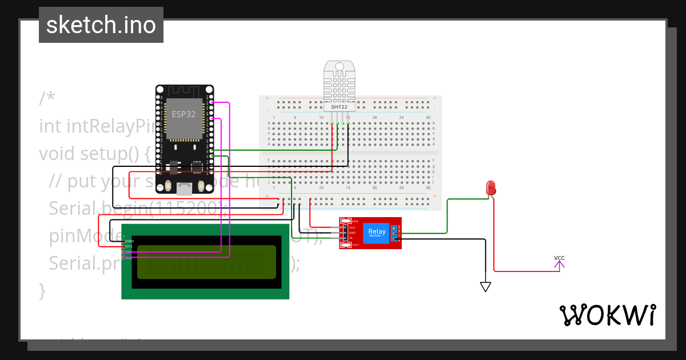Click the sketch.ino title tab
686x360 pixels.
point(101,25)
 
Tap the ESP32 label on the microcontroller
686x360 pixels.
point(184,114)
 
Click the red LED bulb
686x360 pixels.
point(490,187)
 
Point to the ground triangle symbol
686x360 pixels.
point(485,287)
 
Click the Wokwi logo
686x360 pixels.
point(607,315)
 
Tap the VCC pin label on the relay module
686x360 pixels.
point(352,227)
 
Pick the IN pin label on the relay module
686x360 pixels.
point(351,238)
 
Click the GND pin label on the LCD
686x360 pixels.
point(130,241)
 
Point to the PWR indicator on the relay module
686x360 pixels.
point(355,221)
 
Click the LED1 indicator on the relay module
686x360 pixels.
point(355,245)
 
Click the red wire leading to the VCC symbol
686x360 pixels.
point(526,271)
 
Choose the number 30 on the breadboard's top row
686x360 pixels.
point(428,118)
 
